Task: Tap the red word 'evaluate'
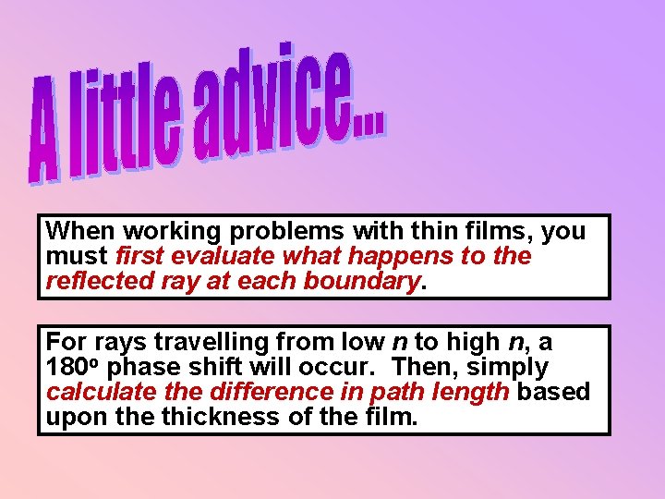226,255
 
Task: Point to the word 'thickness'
214,417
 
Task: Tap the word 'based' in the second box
553,392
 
